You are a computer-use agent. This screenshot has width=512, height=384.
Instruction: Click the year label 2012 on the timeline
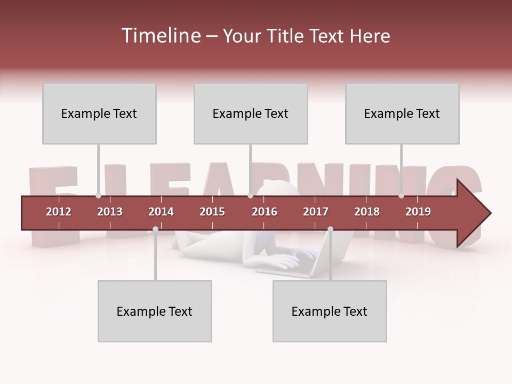click(x=59, y=212)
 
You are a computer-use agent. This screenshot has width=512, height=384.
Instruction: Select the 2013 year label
click(x=110, y=212)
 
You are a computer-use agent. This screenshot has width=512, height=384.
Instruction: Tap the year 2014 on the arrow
click(x=161, y=212)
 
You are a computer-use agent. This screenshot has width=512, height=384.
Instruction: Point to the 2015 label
click(x=212, y=212)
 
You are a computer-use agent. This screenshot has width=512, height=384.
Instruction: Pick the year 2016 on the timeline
click(x=265, y=212)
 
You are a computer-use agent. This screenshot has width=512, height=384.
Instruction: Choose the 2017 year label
click(x=316, y=212)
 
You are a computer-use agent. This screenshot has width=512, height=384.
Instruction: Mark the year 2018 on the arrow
click(x=367, y=212)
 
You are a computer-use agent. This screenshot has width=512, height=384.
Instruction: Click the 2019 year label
click(x=418, y=212)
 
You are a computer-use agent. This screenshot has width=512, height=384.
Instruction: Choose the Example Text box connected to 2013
click(x=99, y=113)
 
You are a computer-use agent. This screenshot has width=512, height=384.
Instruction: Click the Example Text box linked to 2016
click(x=251, y=113)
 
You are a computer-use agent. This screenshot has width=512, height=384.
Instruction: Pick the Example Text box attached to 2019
click(x=402, y=113)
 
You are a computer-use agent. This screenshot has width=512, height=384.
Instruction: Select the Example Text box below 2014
click(x=155, y=311)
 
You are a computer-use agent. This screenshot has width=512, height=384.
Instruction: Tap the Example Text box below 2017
click(x=330, y=311)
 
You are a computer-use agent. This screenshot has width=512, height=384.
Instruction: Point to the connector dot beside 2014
click(x=155, y=229)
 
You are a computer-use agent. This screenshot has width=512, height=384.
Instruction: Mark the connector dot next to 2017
click(x=330, y=229)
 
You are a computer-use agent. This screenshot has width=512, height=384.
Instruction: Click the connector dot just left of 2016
click(x=250, y=196)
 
